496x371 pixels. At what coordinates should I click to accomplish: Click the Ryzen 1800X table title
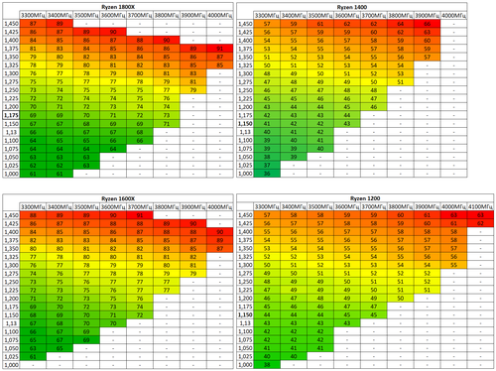[124, 5]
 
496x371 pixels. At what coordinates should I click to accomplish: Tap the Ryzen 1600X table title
[124, 194]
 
